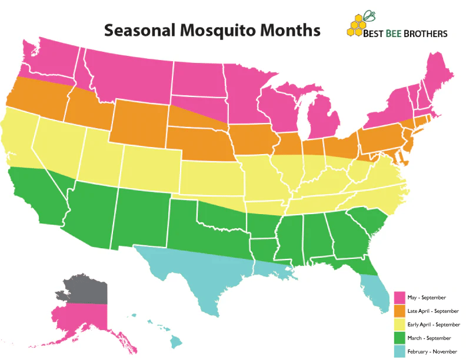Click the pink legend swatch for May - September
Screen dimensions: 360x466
click(399, 297)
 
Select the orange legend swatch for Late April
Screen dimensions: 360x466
click(399, 311)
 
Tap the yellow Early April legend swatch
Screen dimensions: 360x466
click(399, 324)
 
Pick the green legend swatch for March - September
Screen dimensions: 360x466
click(399, 338)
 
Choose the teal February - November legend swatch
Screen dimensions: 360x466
click(399, 351)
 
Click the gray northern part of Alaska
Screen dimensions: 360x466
click(88, 288)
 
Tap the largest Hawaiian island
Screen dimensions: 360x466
click(176, 341)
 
